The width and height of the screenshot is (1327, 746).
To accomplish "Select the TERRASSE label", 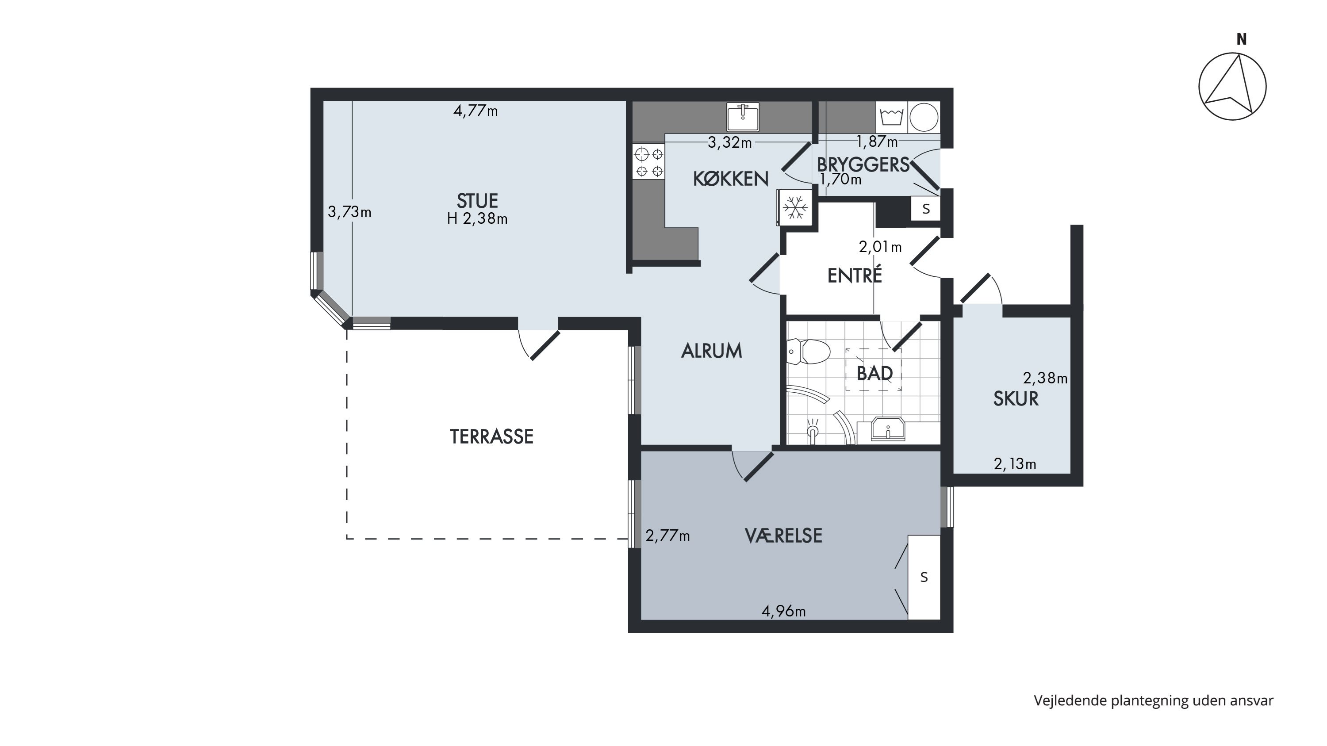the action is pyautogui.click(x=491, y=436).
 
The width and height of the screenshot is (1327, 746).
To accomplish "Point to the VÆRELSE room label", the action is pyautogui.click(x=783, y=536).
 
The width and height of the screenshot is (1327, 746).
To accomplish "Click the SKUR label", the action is pyautogui.click(x=1016, y=399).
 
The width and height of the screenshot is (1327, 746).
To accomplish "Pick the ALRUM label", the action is pyautogui.click(x=711, y=351).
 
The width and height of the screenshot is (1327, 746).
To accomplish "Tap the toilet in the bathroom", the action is pyautogui.click(x=808, y=352).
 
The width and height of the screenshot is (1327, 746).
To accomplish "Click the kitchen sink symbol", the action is pyautogui.click(x=743, y=117).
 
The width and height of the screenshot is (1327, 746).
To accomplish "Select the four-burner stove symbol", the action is pyautogui.click(x=648, y=162).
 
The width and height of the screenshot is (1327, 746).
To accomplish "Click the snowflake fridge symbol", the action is pyautogui.click(x=795, y=207).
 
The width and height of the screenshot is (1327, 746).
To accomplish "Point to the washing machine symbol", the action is pyautogui.click(x=891, y=117).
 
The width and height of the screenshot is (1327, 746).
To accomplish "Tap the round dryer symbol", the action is pyautogui.click(x=924, y=117).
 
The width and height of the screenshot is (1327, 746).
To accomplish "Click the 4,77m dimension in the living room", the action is pyautogui.click(x=476, y=111).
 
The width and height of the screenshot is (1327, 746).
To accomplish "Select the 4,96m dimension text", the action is pyautogui.click(x=783, y=611).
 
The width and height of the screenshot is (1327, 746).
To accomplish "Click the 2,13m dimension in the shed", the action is pyautogui.click(x=1015, y=464).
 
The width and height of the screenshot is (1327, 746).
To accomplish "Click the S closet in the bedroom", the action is pyautogui.click(x=924, y=577).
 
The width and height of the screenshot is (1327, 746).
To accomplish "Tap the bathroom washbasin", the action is pyautogui.click(x=888, y=429).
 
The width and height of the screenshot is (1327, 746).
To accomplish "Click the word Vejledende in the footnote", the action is pyautogui.click(x=1070, y=701).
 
